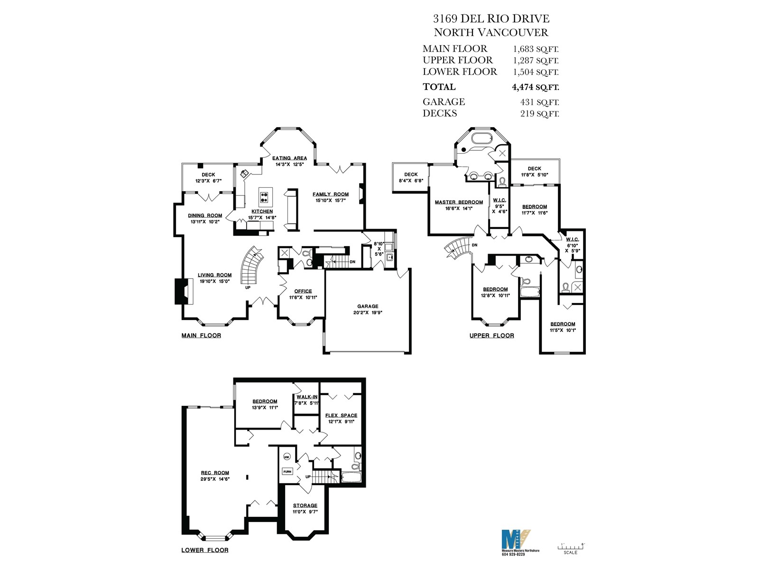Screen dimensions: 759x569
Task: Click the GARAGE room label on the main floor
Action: click(368, 306)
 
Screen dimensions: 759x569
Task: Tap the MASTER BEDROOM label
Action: click(459, 202)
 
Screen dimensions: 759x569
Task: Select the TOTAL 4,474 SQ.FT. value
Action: click(535, 87)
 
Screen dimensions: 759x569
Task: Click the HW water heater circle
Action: click(287, 457)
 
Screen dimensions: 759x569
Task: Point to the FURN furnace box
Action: click(287, 472)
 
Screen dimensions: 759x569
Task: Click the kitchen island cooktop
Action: click(265, 197)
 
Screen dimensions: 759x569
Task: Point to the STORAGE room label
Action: click(305, 505)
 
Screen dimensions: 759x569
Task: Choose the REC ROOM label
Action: click(215, 473)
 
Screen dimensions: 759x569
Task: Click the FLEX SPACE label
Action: click(341, 415)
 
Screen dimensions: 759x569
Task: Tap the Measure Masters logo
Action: click(516, 539)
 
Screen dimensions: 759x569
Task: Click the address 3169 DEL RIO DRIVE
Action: click(491, 18)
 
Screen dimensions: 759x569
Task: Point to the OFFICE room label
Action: click(303, 291)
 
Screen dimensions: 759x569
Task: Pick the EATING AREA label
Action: click(289, 158)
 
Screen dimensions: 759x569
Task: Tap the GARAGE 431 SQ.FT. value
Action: click(539, 102)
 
